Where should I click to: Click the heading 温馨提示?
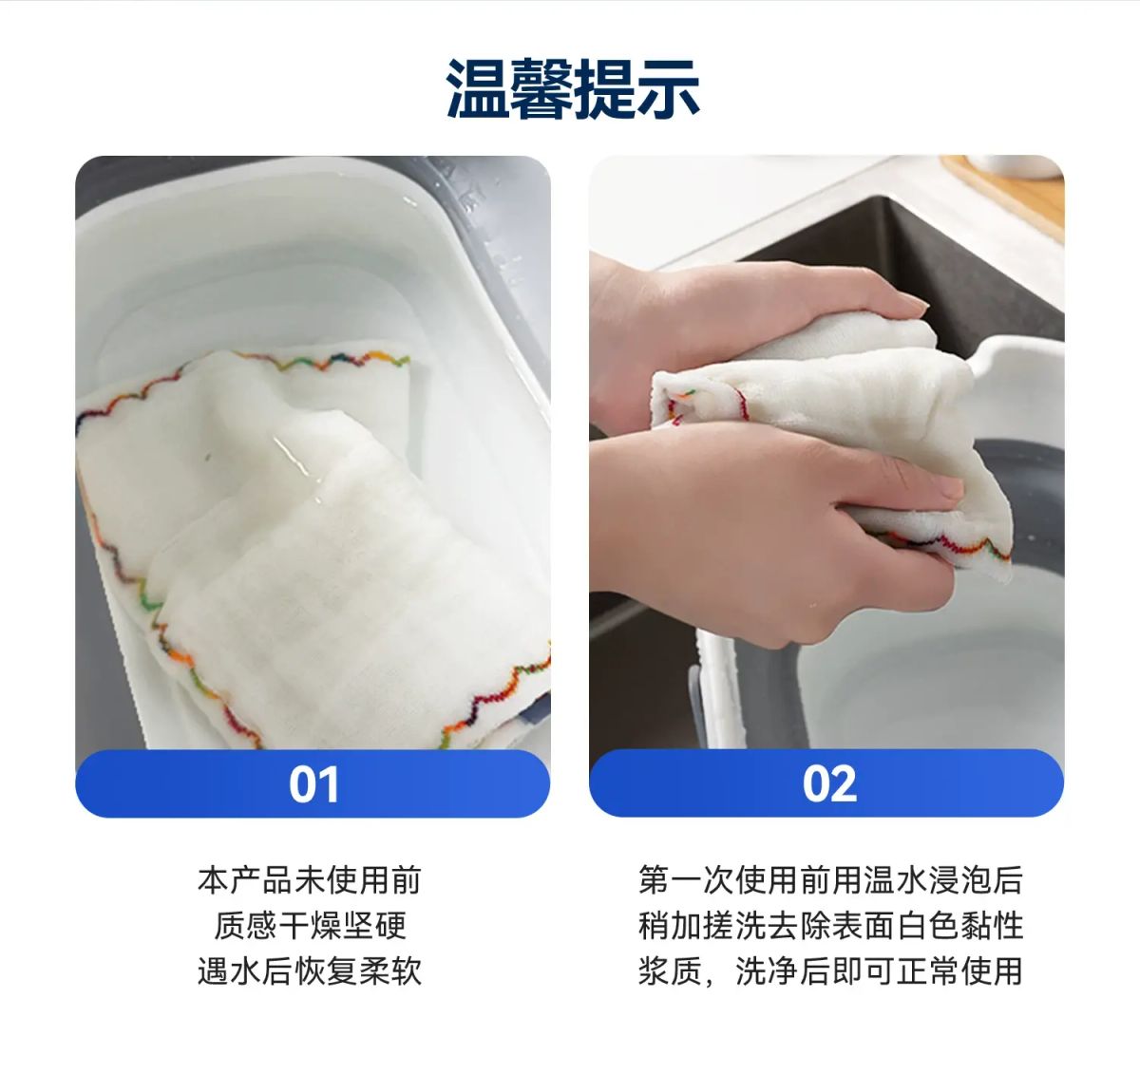pyautogui.click(x=572, y=89)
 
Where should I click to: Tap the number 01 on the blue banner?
pyautogui.click(x=313, y=784)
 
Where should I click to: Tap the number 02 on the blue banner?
pyautogui.click(x=829, y=783)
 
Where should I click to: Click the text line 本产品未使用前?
pyautogui.click(x=310, y=880)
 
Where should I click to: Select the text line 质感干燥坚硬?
pyautogui.click(x=310, y=925)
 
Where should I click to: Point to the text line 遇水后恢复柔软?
pyautogui.click(x=310, y=971)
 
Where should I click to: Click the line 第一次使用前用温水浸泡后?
pyautogui.click(x=830, y=880)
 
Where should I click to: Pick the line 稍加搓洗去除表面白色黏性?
pyautogui.click(x=830, y=925)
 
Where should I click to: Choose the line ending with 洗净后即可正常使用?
pyautogui.click(x=830, y=971)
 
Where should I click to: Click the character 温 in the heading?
pyautogui.click(x=478, y=89)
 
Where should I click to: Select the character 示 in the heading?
pyautogui.click(x=669, y=89)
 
